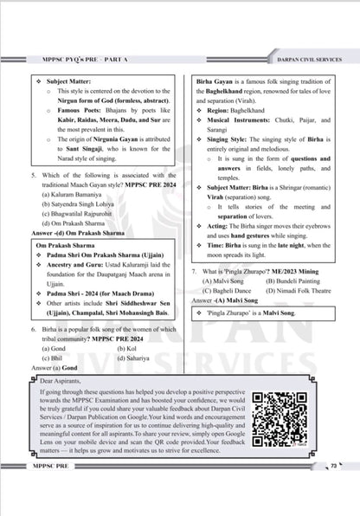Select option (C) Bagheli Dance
pos(228,314)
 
